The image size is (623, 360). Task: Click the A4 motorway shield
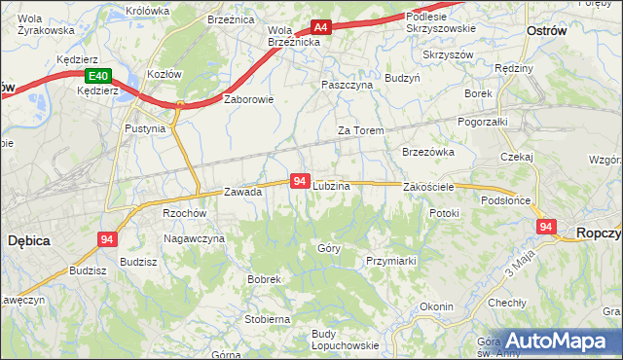321,28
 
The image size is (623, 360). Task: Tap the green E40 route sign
96,76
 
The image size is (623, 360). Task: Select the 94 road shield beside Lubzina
300,181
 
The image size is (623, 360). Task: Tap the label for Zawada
243,192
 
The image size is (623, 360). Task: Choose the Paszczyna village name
347,85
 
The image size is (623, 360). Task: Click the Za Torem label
360,130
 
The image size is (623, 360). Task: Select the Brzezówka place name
428,152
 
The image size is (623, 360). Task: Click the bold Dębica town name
29,237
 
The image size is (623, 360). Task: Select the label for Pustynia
146,127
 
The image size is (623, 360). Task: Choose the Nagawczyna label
195,238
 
